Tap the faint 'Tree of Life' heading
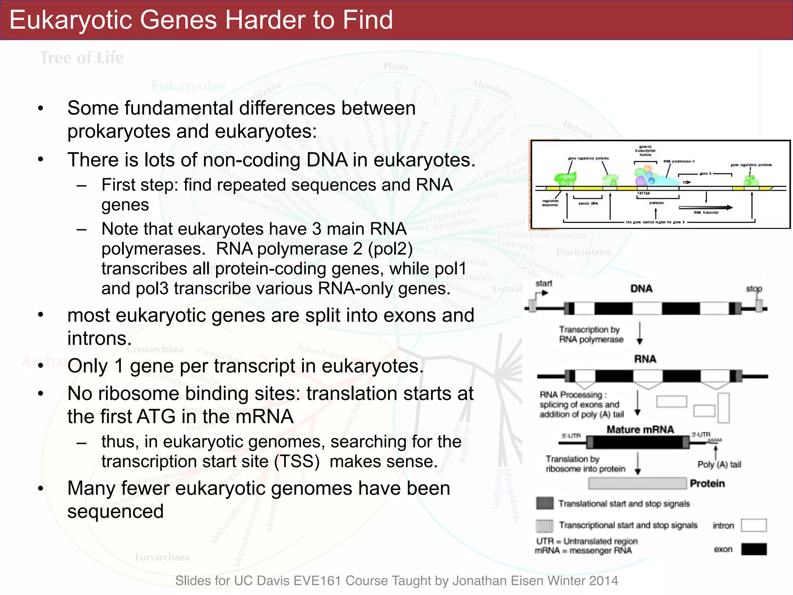(82, 58)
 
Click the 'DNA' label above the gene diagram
(641, 289)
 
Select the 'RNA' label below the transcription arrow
(645, 359)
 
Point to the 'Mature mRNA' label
(640, 430)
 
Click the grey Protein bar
(637, 483)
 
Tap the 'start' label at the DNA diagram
(544, 284)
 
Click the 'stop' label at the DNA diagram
(754, 289)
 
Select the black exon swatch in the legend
(754, 549)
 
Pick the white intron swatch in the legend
(754, 525)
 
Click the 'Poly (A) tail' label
(719, 464)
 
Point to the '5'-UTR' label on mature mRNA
(571, 436)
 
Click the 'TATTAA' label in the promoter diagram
(644, 193)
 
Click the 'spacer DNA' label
(588, 203)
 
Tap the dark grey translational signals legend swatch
(544, 504)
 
